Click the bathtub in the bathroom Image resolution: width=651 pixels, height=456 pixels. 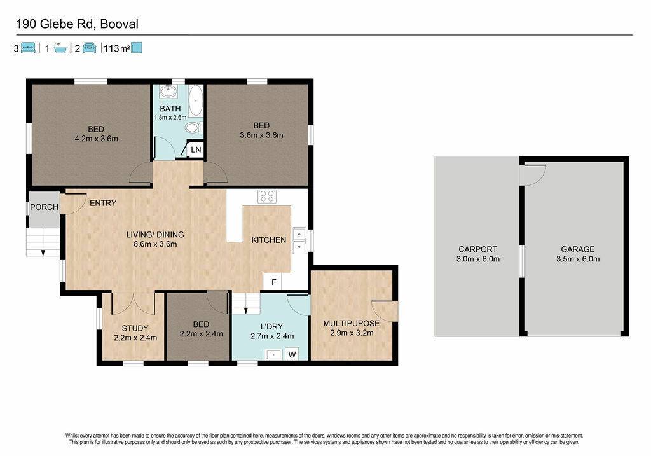coord(196,100)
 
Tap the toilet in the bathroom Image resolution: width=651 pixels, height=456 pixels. coord(193,128)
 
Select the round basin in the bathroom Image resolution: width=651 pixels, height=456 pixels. coord(168,92)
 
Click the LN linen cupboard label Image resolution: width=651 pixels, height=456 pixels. coord(196,149)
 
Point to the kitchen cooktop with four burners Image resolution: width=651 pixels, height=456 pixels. coord(267,196)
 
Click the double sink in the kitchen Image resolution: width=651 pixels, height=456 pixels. coord(299,240)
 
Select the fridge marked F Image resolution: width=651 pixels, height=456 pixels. coord(273,282)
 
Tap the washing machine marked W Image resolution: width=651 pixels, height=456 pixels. coord(292,354)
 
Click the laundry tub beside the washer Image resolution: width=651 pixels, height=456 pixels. coord(273,354)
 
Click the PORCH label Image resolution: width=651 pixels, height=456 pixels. coord(44,207)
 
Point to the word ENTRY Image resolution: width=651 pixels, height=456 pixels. coord(103,203)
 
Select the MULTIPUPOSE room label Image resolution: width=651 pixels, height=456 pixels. coord(351,323)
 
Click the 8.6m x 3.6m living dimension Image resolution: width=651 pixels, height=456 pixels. coord(155,244)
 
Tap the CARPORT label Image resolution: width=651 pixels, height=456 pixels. coord(478,249)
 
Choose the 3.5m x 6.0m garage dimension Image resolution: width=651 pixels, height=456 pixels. coord(578,259)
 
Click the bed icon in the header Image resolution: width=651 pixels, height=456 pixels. coord(28,48)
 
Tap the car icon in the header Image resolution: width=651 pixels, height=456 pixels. coord(89,48)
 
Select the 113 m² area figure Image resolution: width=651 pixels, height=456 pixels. coord(117,48)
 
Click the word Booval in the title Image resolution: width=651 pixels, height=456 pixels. coord(119,24)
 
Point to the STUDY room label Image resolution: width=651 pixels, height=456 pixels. coord(135,328)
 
